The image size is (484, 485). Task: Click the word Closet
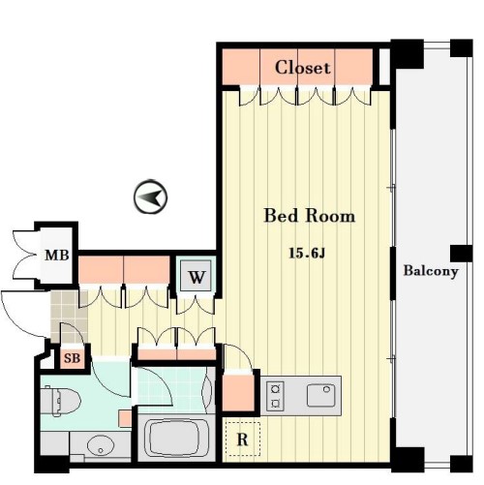pos(302,68)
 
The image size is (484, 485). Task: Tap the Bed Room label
pos(310,216)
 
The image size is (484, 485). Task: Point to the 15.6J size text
pos(307,254)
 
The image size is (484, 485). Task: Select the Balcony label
pos(431,271)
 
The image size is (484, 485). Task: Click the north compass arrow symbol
pos(150,197)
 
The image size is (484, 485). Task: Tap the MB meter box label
pos(57,256)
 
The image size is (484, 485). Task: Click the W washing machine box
pos(197,276)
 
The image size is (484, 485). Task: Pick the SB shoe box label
pos(72,358)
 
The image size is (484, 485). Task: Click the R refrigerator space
pos(242,439)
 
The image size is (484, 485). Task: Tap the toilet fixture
pos(60,402)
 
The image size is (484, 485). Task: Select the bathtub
pos(176,438)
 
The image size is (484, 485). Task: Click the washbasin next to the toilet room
pos(101,446)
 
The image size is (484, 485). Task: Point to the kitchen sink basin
pos(320,395)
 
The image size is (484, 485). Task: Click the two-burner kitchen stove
pos(275,396)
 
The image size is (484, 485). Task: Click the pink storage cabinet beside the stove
pos(239,393)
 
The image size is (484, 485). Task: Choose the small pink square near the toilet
pos(125,418)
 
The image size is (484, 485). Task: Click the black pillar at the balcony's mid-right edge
pos(461,254)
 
